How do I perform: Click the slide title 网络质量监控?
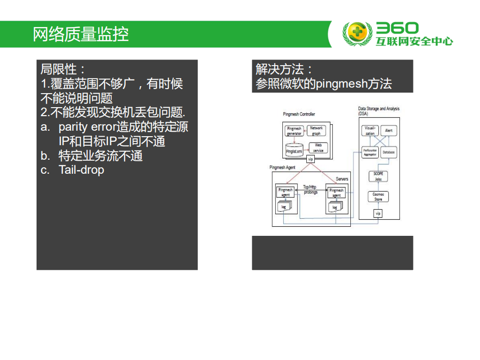pyautogui.click(x=81, y=34)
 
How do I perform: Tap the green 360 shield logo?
pyautogui.click(x=357, y=34)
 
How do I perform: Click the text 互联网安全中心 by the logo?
pyautogui.click(x=414, y=42)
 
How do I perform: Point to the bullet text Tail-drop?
pyautogui.click(x=81, y=170)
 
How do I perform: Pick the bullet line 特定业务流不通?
pyautogui.click(x=100, y=156)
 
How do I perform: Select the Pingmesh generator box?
pyautogui.click(x=294, y=131)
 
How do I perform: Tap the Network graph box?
pyautogui.click(x=316, y=131)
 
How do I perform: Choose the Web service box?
pyautogui.click(x=318, y=148)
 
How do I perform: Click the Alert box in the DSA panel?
pyautogui.click(x=388, y=131)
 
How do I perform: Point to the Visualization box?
pyautogui.click(x=369, y=131)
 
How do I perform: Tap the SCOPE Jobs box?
pyautogui.click(x=378, y=176)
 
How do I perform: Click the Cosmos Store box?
pyautogui.click(x=378, y=197)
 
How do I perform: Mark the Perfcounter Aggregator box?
pyautogui.click(x=369, y=152)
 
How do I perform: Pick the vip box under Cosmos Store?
pyautogui.click(x=378, y=214)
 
